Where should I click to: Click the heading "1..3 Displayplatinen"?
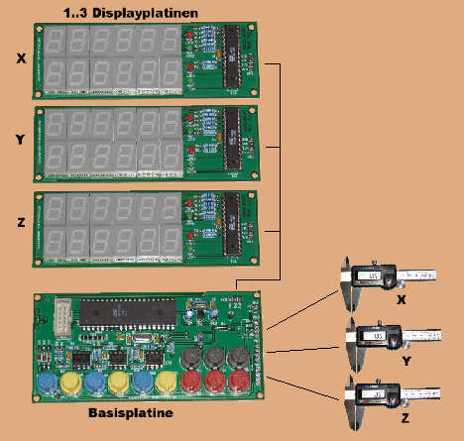(x=131, y=13)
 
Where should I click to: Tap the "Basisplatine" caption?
(x=131, y=413)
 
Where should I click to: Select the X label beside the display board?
(x=21, y=58)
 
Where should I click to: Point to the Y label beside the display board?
(x=21, y=140)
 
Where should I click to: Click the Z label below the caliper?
(x=406, y=418)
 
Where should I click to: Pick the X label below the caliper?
(x=402, y=299)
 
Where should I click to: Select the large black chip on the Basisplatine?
(x=128, y=312)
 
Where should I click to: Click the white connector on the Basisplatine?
(x=62, y=316)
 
